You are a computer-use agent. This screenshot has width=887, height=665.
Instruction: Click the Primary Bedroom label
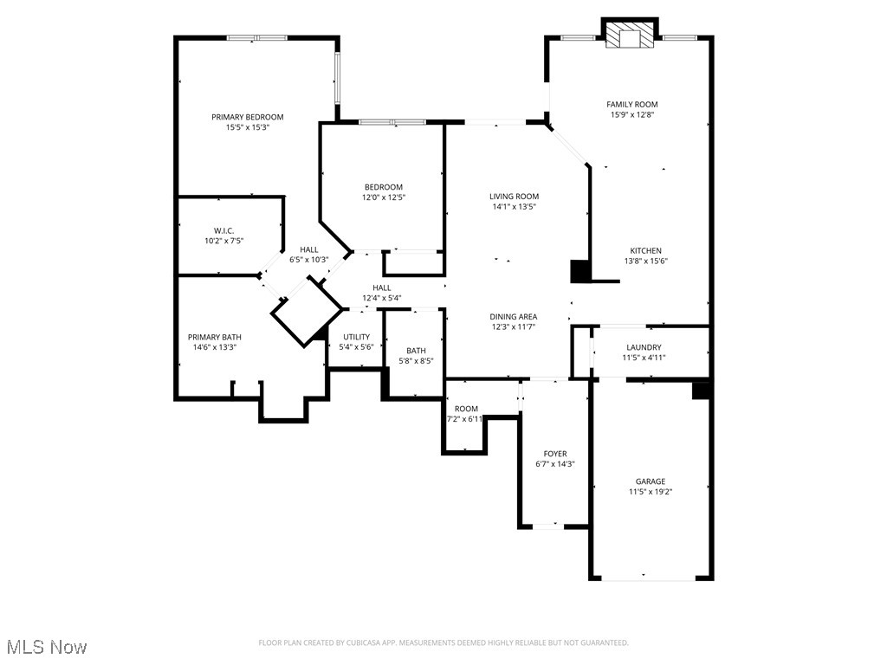pos(248,117)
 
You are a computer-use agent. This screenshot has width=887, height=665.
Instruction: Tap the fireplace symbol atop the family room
pos(629,36)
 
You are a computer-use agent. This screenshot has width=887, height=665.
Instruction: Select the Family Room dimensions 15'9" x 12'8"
pos(632,114)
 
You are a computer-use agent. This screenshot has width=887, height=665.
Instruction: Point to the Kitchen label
pos(645,250)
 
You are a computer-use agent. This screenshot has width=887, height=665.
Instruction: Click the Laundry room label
pos(644,347)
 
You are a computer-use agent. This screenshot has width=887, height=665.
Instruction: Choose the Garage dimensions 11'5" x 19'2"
pos(651,492)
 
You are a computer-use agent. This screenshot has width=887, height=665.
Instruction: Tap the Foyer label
pos(555,454)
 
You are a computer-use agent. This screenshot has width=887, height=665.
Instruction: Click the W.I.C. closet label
pos(223,230)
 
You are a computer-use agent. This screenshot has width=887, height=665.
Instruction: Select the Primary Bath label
pos(215,337)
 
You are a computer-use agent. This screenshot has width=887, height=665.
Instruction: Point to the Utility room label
pos(356,337)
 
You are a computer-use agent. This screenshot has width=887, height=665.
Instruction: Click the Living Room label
pos(515,197)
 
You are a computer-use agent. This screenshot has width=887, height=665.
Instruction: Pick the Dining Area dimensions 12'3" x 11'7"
pos(515,326)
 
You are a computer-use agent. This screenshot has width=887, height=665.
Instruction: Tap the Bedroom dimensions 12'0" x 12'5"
pos(383,197)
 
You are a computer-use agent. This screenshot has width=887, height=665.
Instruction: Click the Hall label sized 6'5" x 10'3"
pos(308,249)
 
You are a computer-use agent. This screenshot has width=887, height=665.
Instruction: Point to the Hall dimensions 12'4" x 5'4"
pos(382,298)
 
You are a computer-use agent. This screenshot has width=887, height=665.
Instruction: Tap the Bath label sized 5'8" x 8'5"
pos(416,351)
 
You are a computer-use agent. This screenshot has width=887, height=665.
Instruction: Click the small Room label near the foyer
pos(466,409)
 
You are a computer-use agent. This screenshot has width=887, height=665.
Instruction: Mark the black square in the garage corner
pos(702,391)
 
